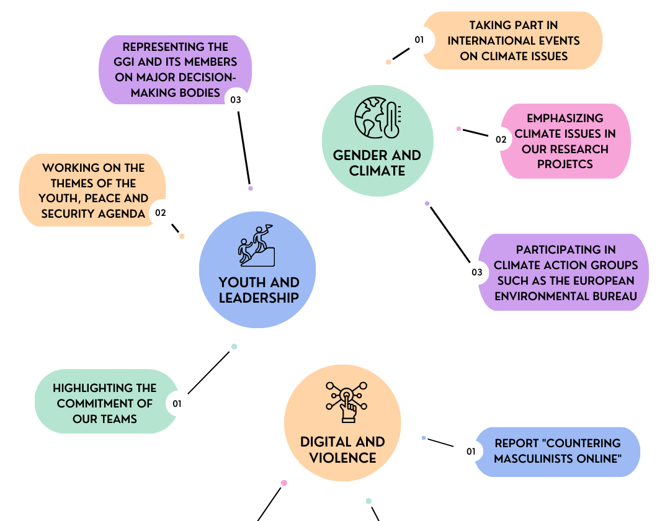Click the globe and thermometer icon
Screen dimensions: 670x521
[378, 117]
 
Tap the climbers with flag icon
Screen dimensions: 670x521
[256, 246]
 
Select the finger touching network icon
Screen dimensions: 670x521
[347, 402]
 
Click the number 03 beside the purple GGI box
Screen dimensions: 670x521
[236, 100]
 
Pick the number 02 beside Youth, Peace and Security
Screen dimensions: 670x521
[160, 213]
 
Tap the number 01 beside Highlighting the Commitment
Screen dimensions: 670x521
[177, 404]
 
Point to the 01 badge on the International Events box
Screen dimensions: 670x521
[419, 40]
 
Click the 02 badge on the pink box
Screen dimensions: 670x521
[501, 139]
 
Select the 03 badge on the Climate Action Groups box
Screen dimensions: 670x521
[477, 272]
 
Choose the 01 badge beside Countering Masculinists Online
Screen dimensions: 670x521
[471, 452]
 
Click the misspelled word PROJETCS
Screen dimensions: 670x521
[565, 164]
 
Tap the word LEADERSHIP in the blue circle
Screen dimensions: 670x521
[259, 298]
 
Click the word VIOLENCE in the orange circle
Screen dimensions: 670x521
[342, 458]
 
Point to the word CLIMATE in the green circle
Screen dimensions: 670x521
[377, 171]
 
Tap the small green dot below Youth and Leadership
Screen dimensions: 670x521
[234, 346]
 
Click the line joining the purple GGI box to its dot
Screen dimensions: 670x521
[244, 148]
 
